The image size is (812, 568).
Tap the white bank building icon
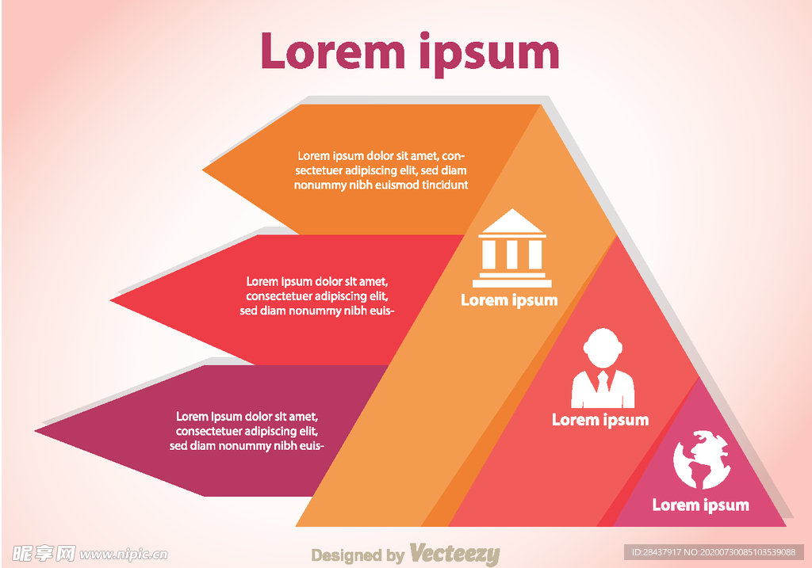coord(511,248)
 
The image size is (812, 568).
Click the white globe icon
coord(701,459)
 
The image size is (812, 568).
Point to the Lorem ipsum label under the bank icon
coord(509,300)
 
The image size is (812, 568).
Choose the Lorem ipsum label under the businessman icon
coord(600,420)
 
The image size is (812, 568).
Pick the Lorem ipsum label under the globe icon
coord(701,505)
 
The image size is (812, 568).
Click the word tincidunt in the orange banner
coord(441,185)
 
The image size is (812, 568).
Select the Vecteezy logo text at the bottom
coord(454,555)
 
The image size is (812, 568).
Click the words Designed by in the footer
coord(358,555)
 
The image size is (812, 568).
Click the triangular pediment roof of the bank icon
coord(511,222)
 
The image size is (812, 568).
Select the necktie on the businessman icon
coord(603,383)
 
